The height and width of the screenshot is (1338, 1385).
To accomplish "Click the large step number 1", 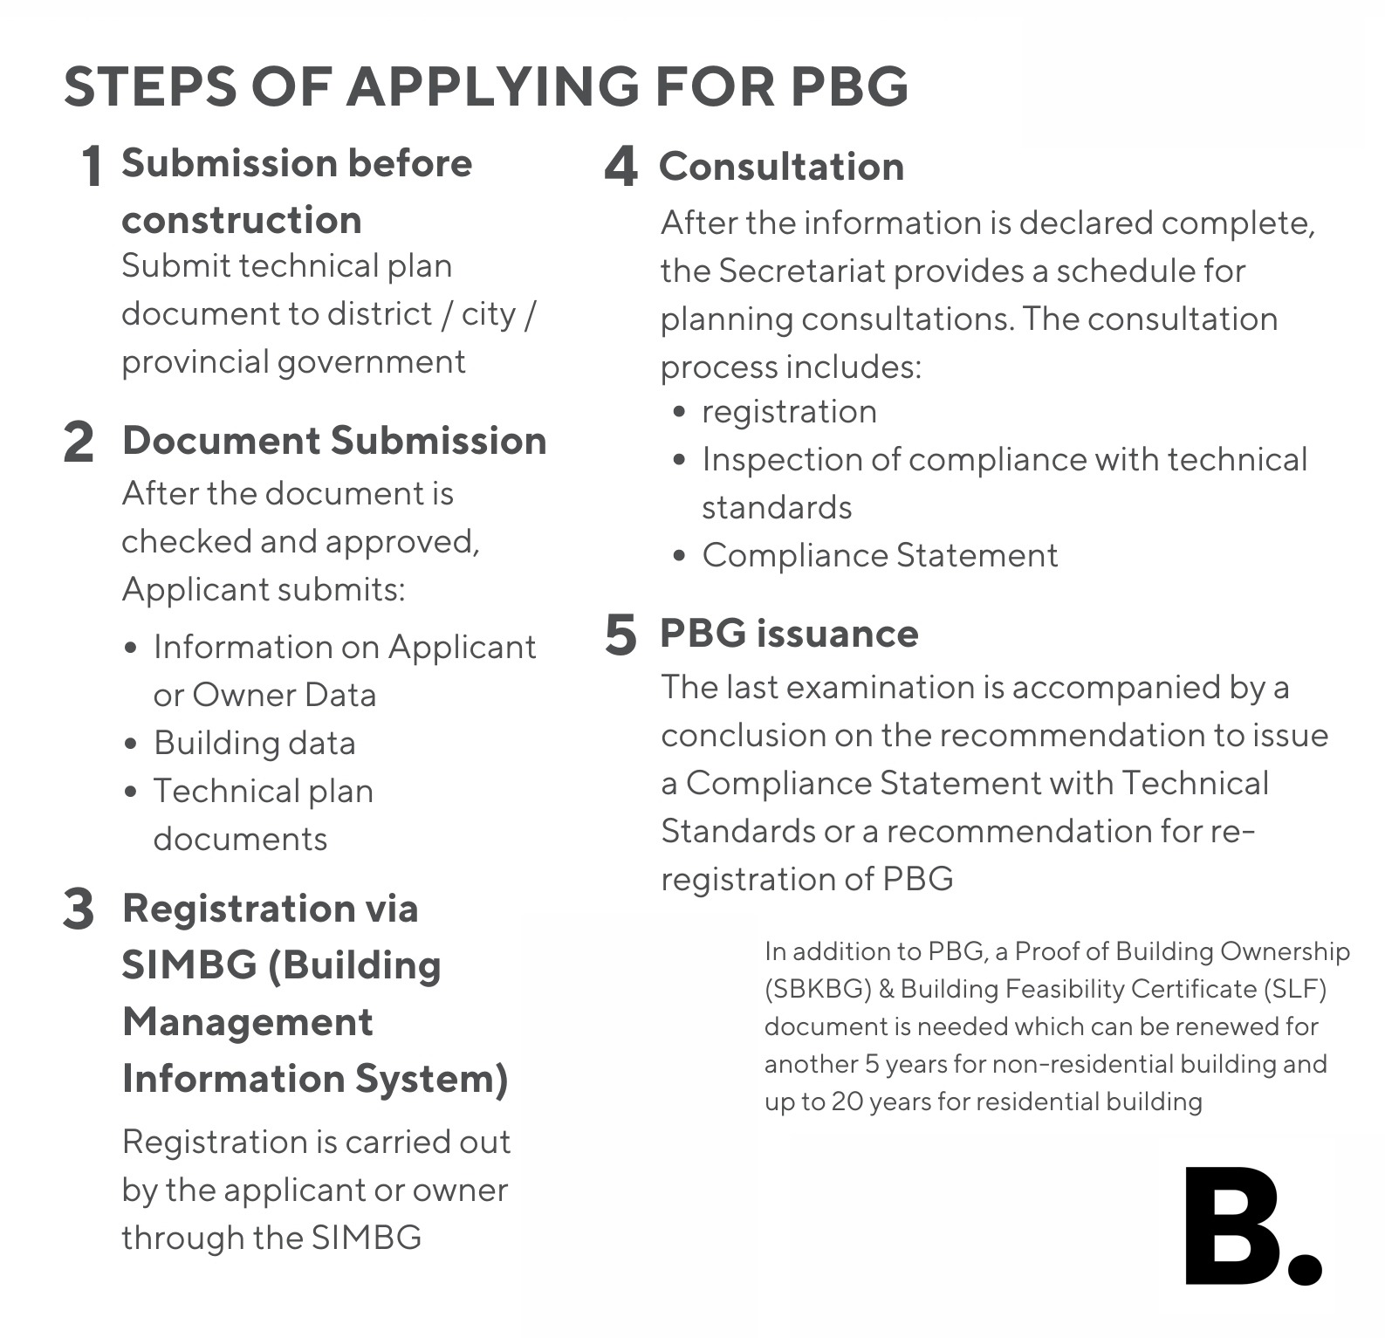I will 91,166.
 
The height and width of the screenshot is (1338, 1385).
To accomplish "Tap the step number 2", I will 79,442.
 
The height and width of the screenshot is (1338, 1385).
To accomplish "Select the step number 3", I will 79,909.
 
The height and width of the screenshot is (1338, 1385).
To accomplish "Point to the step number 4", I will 621,166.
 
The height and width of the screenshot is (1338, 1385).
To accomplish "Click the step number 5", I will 621,634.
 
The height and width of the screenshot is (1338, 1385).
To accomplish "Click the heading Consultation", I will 781,167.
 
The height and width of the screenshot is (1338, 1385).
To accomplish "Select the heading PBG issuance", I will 789,634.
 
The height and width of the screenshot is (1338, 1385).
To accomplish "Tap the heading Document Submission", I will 334,441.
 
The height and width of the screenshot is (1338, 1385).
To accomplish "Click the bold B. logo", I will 1251,1226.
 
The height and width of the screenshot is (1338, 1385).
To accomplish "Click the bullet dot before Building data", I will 131,744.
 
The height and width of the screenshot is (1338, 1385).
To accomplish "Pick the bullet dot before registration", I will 680,412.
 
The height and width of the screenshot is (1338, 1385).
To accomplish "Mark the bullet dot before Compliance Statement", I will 680,556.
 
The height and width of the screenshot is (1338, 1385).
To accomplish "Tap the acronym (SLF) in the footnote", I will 1294,989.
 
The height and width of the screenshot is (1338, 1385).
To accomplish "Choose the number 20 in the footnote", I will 846,1101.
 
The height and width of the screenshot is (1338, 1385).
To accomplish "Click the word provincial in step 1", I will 195,362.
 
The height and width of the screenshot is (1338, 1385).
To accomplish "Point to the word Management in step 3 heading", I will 248,1022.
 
